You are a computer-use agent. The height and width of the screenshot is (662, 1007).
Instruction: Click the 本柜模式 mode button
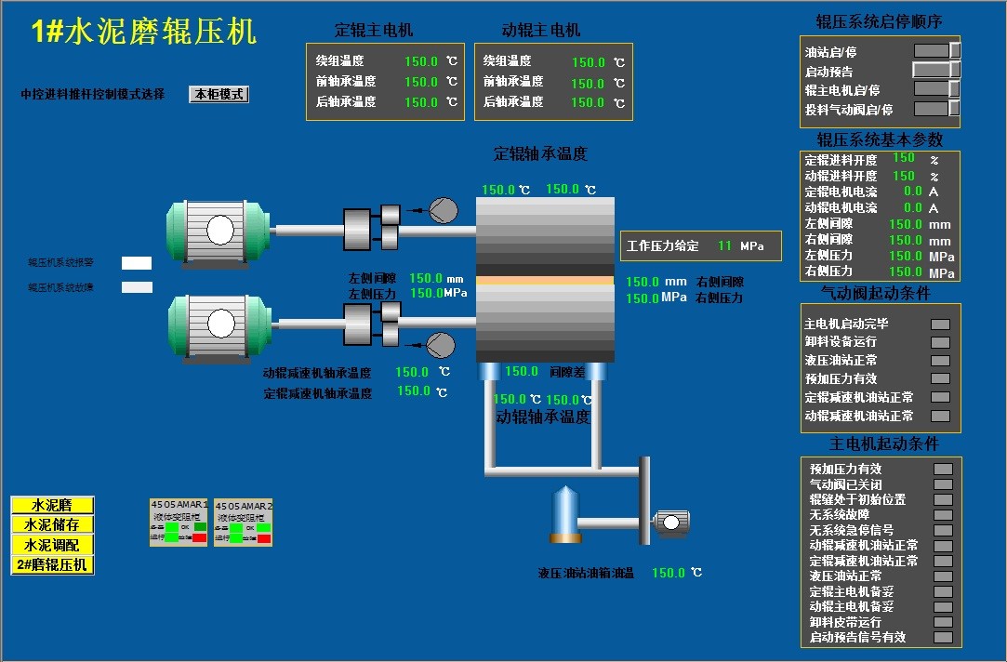[x=219, y=94]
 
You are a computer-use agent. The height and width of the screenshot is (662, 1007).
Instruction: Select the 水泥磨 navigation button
[x=53, y=505]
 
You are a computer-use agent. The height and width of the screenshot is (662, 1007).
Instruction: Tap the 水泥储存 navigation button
[x=53, y=524]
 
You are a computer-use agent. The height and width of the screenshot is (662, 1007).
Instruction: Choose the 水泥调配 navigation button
[x=53, y=545]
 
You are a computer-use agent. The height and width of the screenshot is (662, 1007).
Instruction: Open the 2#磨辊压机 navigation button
[x=53, y=564]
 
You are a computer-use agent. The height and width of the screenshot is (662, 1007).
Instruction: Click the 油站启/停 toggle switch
[x=936, y=50]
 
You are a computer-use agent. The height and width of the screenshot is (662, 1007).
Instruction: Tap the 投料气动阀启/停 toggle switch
[x=936, y=109]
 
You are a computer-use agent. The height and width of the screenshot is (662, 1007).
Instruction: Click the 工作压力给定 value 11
[x=725, y=246]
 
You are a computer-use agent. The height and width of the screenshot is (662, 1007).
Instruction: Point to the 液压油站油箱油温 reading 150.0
[x=669, y=573]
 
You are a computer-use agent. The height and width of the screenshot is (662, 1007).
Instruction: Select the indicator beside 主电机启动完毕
[x=940, y=324]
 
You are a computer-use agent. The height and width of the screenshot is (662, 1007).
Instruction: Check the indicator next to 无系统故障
[x=943, y=514]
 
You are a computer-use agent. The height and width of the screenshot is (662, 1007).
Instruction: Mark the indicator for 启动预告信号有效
[x=943, y=637]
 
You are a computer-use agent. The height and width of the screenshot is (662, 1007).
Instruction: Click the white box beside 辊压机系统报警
[x=137, y=263]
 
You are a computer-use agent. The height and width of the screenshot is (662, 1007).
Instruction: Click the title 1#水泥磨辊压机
[x=144, y=33]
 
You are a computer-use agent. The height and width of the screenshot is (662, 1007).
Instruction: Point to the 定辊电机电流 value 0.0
[x=913, y=192]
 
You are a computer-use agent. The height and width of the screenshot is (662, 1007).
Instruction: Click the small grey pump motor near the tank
[x=669, y=523]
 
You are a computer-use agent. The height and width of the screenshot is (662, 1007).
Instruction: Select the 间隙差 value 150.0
[x=522, y=371]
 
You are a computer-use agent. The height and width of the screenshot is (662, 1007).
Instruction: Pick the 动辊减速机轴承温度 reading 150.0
[x=412, y=372]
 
